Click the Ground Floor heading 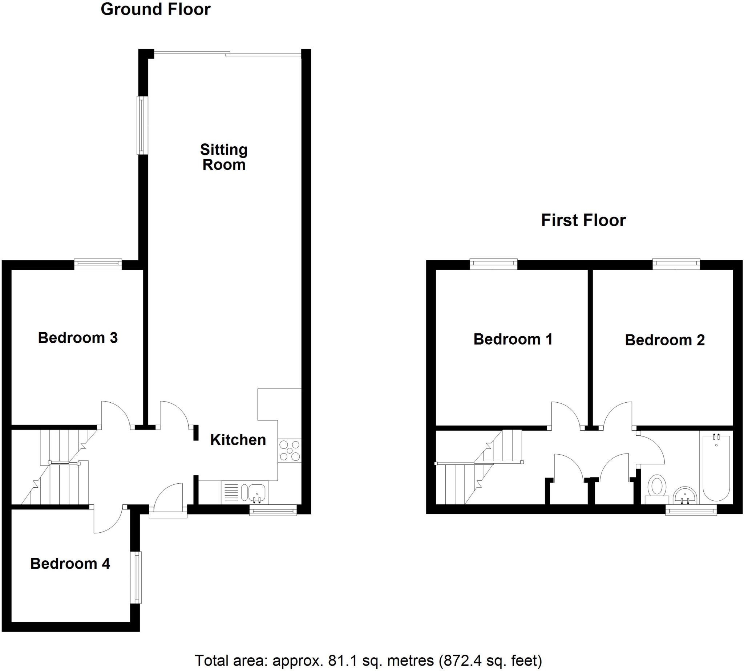coord(155,9)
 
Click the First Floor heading coord(583,220)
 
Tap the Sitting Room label coord(223,158)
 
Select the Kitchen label coord(238,440)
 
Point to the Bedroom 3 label coord(78,338)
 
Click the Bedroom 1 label coord(513,339)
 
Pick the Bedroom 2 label coord(665,340)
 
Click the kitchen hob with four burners coord(290,451)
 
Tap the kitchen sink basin coord(257,493)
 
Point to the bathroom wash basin coord(685,496)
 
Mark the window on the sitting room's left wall coord(142,125)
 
